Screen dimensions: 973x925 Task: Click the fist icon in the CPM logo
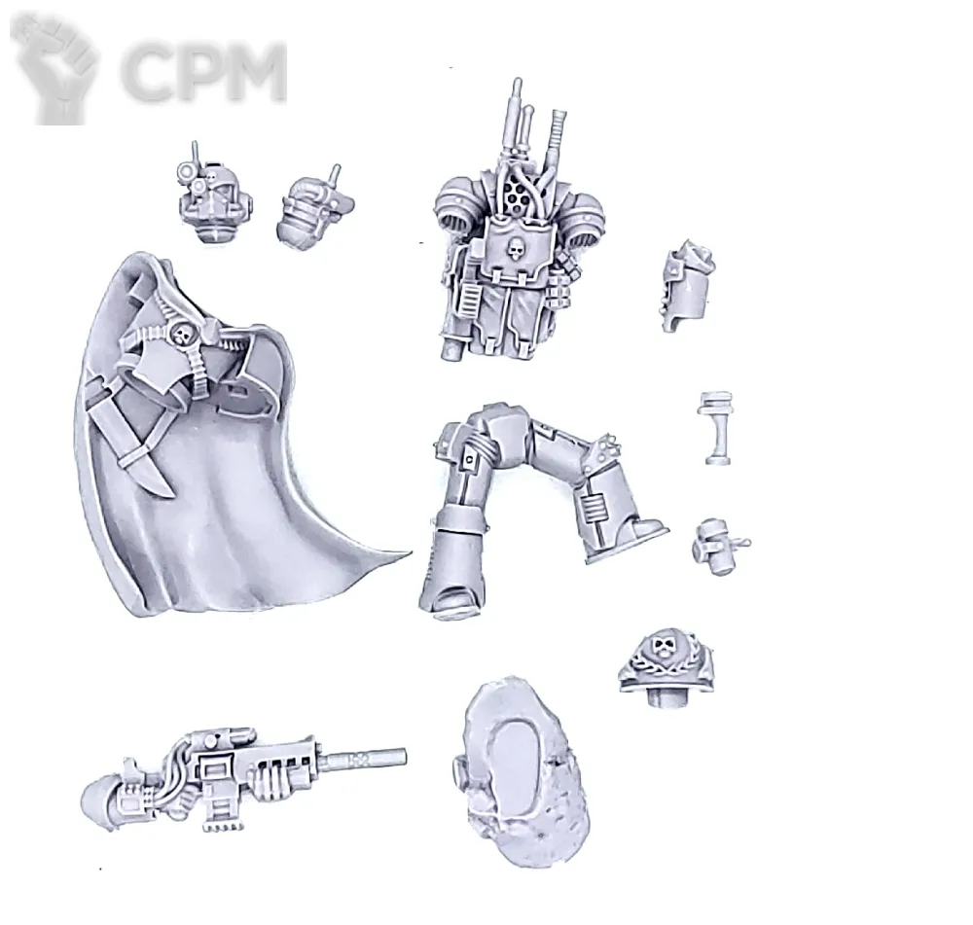54,68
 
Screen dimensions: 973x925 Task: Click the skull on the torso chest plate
515,248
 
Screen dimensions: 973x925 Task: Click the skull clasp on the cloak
183,334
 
